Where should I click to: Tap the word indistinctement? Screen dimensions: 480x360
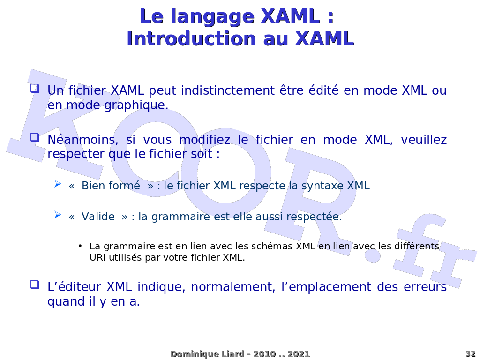pyautogui.click(x=228, y=90)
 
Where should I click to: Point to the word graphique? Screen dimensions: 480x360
pyautogui.click(x=136, y=105)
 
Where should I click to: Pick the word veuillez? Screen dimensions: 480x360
pyautogui.click(x=424, y=140)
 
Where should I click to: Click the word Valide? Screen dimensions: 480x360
pyautogui.click(x=98, y=217)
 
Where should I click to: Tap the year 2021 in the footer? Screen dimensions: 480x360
pyautogui.click(x=299, y=354)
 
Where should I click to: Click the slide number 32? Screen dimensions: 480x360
pyautogui.click(x=471, y=354)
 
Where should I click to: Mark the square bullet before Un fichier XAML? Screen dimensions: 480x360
pyautogui.click(x=35, y=89)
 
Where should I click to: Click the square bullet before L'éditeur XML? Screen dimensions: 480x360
pyautogui.click(x=35, y=285)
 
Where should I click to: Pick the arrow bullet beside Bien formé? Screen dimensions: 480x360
pyautogui.click(x=58, y=184)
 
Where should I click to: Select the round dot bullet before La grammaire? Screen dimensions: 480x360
pyautogui.click(x=80, y=246)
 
